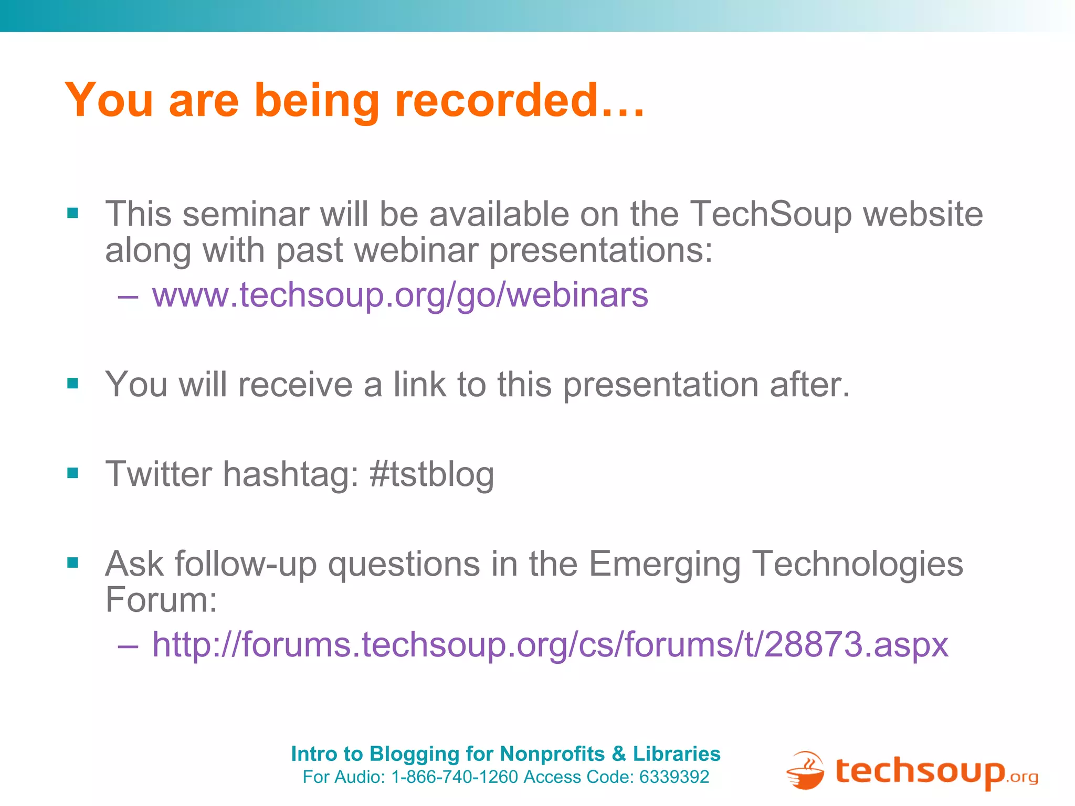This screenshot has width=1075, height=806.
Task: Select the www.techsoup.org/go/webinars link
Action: [400, 295]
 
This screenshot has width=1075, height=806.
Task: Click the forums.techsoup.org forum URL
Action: [550, 644]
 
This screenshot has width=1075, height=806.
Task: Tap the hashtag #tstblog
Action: [431, 474]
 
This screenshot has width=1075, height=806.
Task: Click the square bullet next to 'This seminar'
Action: [73, 213]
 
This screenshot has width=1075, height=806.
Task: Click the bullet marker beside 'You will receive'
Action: [73, 384]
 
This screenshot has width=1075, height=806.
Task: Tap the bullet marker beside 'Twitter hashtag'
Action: [73, 473]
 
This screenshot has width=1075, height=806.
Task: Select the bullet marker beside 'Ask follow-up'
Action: [73, 563]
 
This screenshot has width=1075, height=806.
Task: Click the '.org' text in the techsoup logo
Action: [1022, 777]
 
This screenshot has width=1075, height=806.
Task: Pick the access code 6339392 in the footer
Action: [674, 777]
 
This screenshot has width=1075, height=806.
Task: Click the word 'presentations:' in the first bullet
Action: [601, 250]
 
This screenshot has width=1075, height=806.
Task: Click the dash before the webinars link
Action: [128, 296]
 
